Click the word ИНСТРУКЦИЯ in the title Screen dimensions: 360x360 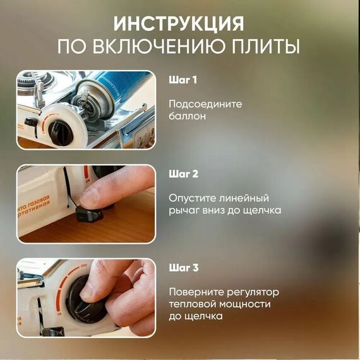click(179, 24)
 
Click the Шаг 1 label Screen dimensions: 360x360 click(183, 80)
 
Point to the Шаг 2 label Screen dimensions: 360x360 click(183, 174)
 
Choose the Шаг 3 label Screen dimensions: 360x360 click(184, 268)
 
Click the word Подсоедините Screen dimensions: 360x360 click(205, 104)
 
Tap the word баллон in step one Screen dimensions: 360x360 click(187, 116)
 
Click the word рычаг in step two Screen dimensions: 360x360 click(183, 211)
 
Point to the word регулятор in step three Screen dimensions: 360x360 click(253, 292)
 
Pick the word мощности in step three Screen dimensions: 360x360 click(245, 304)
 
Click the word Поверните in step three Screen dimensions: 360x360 click(196, 292)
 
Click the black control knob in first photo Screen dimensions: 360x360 click(61, 133)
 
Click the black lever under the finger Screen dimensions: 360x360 click(89, 214)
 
